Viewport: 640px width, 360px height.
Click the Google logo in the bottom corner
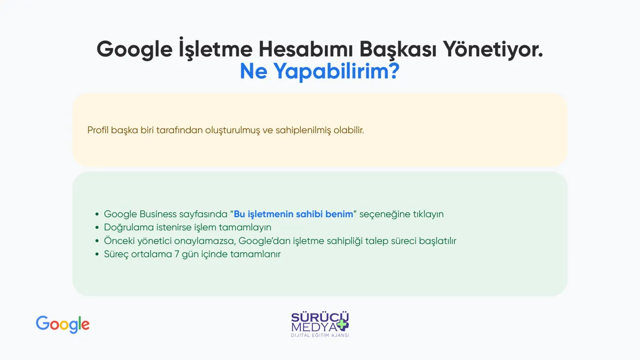click(x=62, y=325)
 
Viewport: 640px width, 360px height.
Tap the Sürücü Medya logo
click(x=320, y=324)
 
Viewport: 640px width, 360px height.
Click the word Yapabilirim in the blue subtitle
click(x=331, y=71)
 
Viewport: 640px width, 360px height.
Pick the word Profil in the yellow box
click(x=98, y=130)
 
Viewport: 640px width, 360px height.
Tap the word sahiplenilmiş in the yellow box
click(x=303, y=130)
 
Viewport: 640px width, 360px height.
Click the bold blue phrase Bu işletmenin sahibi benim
click(x=293, y=214)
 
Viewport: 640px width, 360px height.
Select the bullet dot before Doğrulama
click(x=97, y=227)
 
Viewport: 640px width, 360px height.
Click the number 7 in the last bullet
click(x=177, y=254)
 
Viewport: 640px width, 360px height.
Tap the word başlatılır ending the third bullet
click(x=437, y=241)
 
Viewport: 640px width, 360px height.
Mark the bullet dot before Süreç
click(x=97, y=254)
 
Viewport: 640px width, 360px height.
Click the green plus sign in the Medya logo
click(x=342, y=324)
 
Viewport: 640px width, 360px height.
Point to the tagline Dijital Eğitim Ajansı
click(x=320, y=335)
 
